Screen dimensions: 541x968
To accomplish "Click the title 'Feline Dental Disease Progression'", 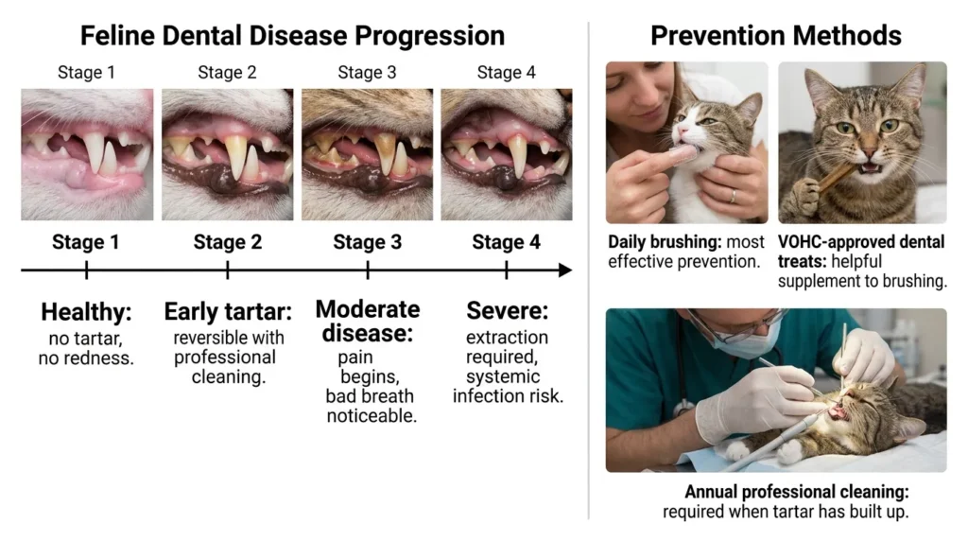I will (x=292, y=36).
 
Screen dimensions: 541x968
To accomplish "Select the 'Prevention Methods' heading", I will (x=775, y=36).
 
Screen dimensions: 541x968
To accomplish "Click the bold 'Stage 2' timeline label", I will (x=227, y=242).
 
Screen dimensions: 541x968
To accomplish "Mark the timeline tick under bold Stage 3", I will (x=368, y=270).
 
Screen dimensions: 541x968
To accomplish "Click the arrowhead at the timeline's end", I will (x=565, y=270).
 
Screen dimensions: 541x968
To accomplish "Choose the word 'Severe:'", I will (x=507, y=312).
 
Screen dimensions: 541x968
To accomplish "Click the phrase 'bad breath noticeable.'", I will (x=371, y=406).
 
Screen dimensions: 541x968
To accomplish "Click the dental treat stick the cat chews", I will (x=837, y=174).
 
